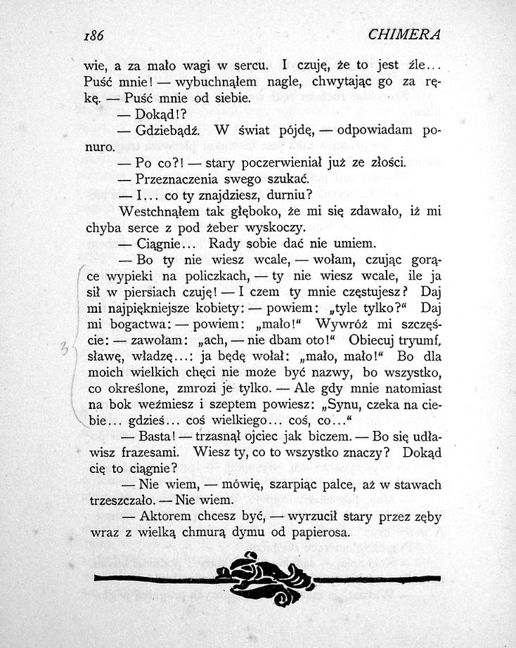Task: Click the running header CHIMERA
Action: point(404,34)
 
